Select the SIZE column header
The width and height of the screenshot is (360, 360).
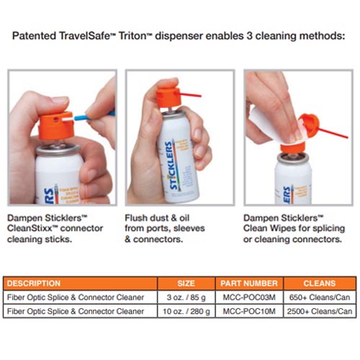pyautogui.click(x=186, y=283)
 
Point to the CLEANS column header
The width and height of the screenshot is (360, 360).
pyautogui.click(x=319, y=283)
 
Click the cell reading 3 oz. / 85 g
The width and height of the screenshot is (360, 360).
pyautogui.click(x=186, y=297)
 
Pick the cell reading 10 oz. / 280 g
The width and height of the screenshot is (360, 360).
pyautogui.click(x=186, y=311)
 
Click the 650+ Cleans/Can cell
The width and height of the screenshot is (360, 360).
pyautogui.click(x=319, y=297)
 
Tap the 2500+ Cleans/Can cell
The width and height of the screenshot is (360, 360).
pyautogui.click(x=319, y=311)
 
